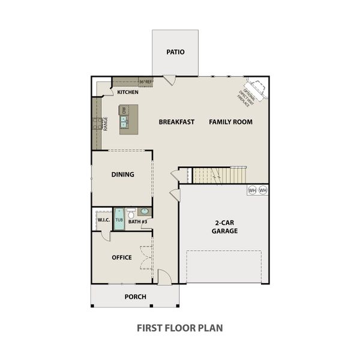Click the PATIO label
[175, 52]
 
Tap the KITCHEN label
[128, 92]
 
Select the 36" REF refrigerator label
[145, 82]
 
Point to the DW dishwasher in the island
[124, 110]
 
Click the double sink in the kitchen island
[124, 122]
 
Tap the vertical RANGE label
[105, 124]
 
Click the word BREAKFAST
[176, 122]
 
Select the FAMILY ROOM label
[230, 122]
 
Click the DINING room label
[122, 175]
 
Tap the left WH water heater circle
[253, 190]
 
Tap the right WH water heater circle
[263, 190]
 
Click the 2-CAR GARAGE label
[226, 226]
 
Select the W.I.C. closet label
[103, 220]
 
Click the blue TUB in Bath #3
[119, 220]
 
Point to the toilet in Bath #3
[131, 212]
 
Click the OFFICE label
[122, 257]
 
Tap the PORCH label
[135, 296]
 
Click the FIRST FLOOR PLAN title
[180, 328]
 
